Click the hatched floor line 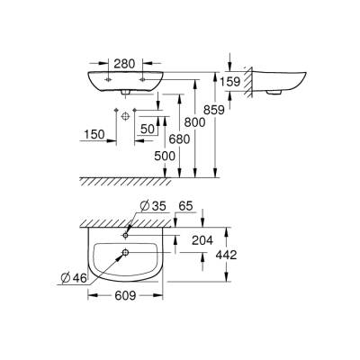pyautogui.click(x=135, y=178)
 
